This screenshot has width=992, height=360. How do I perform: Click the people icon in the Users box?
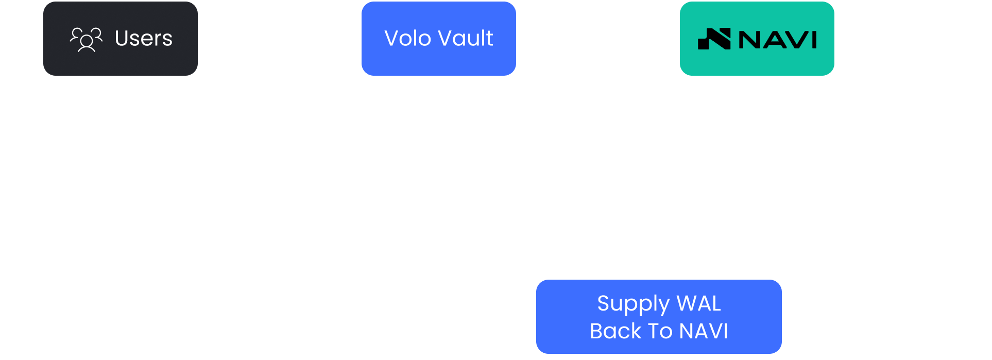point(86,40)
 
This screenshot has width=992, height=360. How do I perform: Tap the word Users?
point(144,39)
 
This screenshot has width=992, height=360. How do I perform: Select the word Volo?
point(408,39)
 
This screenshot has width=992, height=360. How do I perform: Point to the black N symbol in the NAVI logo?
point(714,39)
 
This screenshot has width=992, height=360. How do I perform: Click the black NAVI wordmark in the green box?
point(778,40)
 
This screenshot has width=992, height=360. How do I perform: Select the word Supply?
point(633,304)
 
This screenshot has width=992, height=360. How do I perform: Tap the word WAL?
point(699,303)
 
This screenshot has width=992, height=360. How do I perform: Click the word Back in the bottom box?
point(615,331)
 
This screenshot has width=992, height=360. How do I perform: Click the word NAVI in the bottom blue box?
point(704,331)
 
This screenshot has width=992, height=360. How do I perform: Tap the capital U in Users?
point(122,39)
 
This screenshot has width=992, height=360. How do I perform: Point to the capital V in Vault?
point(447,39)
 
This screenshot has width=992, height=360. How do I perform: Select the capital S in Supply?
point(604,303)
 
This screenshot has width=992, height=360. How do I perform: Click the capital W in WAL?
point(688,303)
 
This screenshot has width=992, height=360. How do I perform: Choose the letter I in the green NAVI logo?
point(814,40)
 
